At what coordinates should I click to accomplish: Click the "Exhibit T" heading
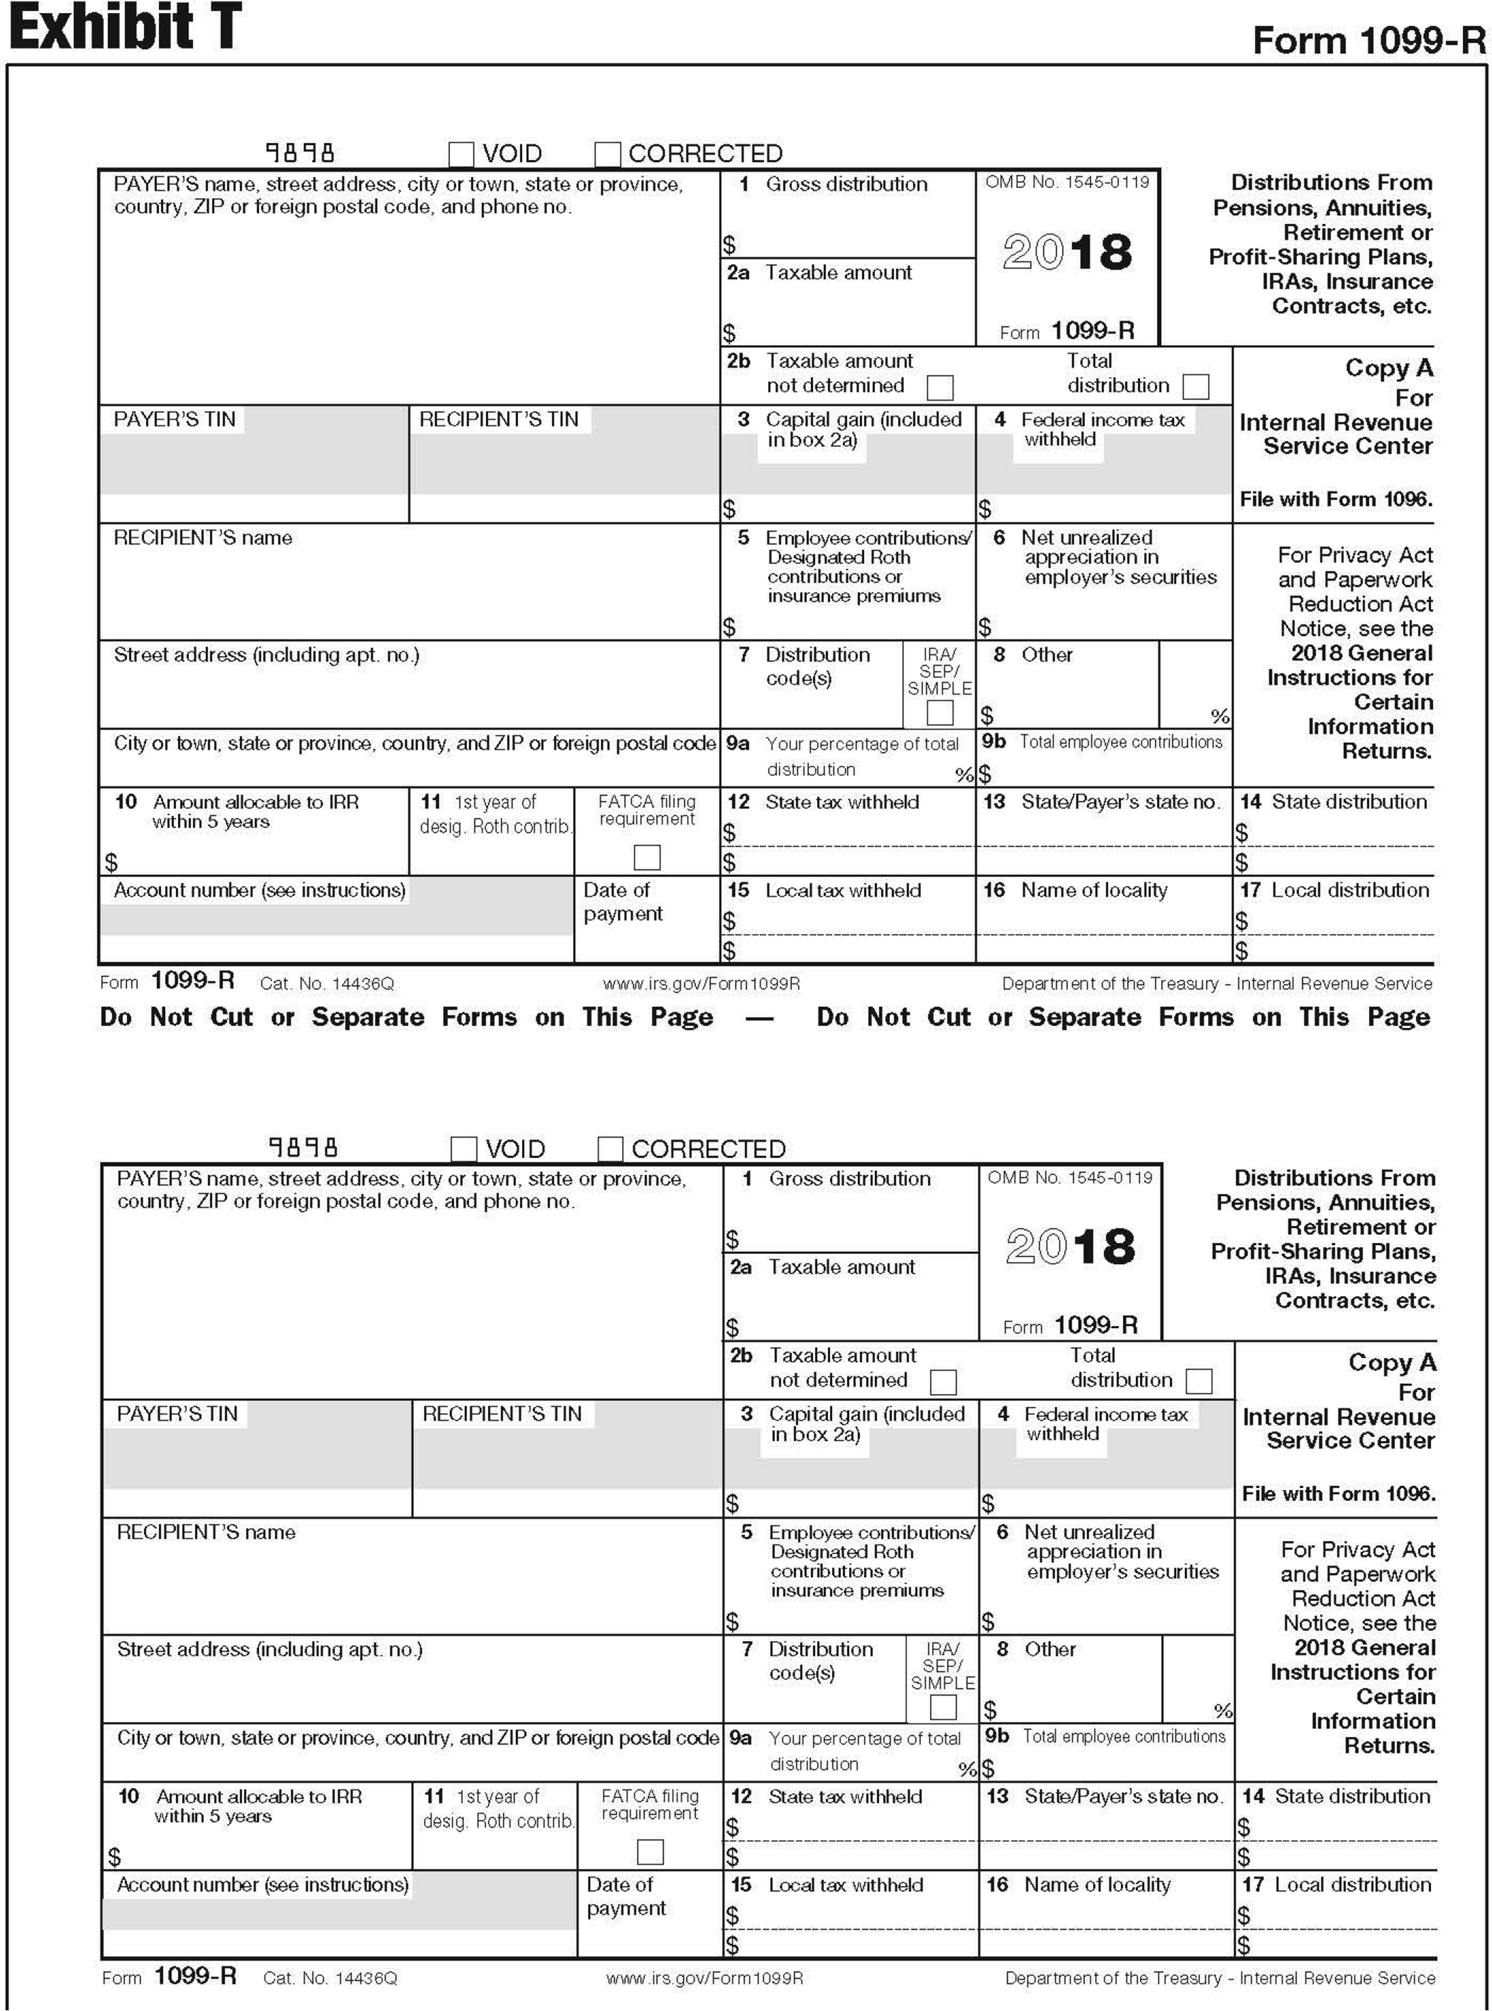click(125, 27)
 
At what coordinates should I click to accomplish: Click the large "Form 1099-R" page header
click(1368, 41)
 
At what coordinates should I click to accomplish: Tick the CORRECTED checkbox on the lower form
click(610, 1149)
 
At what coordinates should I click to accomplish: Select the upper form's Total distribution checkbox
click(1196, 387)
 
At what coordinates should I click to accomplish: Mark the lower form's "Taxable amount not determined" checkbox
click(943, 1382)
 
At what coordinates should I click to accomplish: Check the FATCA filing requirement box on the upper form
click(647, 856)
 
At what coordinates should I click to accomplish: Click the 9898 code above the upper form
click(300, 153)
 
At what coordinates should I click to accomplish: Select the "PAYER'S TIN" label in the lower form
click(177, 1414)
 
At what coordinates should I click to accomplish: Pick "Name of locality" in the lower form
click(1097, 1885)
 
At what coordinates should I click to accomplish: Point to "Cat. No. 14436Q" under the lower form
click(330, 1978)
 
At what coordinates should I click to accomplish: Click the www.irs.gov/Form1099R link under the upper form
click(701, 984)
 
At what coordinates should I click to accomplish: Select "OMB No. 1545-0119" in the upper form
click(1067, 182)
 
